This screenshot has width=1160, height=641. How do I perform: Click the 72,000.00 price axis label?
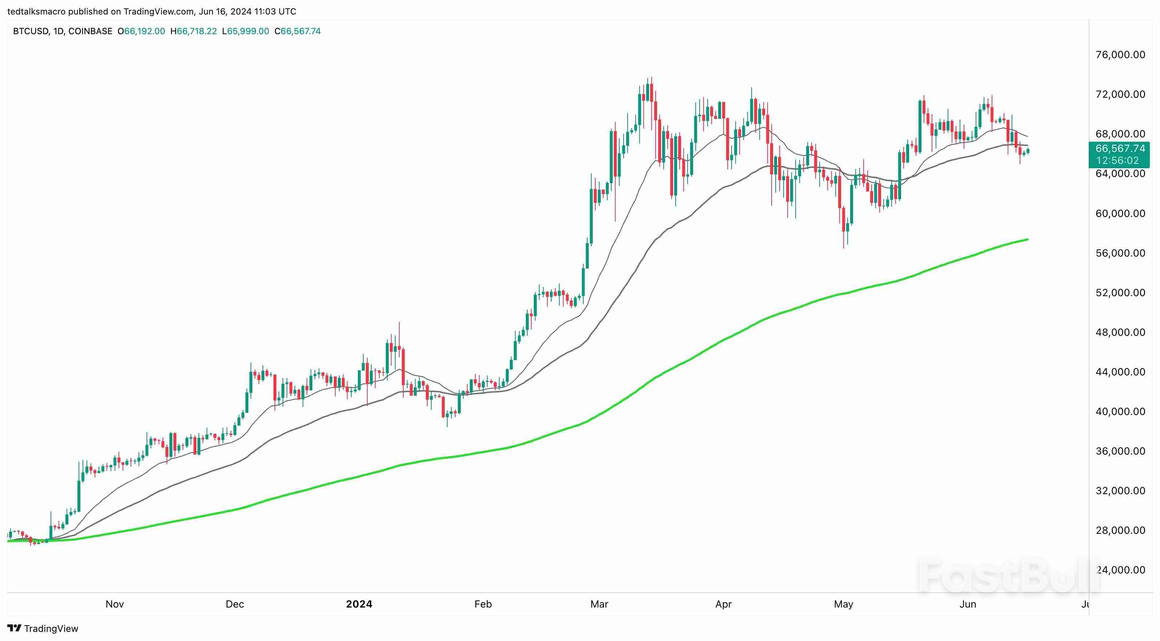1120,94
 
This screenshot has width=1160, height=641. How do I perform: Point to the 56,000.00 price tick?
1120,253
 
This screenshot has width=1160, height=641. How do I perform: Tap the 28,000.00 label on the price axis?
1120,530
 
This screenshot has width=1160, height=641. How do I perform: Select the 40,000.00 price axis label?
1120,411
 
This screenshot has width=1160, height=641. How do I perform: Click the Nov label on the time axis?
115,604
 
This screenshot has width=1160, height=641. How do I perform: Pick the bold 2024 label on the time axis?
359,604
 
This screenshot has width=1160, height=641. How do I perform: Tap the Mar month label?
599,604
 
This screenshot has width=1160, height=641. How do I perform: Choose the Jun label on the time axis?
967,604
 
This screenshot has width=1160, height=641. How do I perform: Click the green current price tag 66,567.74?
1120,149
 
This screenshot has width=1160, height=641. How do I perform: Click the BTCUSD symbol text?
31,31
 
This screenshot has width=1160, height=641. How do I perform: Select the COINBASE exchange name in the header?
90,31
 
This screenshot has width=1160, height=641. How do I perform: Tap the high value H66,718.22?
193,31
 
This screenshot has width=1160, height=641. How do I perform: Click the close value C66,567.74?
298,31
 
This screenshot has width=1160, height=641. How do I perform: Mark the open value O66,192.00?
141,31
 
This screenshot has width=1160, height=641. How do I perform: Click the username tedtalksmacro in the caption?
36,11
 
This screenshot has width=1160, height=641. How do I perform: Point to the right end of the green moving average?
1027,239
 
